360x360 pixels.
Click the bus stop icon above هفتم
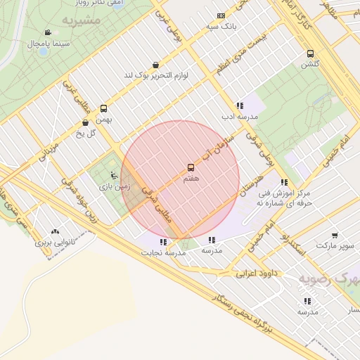(191, 167)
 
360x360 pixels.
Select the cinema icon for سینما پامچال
(47, 32)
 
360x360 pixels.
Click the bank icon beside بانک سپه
(221, 15)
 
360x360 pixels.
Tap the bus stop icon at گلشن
(310, 53)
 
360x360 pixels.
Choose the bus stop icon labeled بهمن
(104, 108)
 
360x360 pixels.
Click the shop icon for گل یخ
(86, 122)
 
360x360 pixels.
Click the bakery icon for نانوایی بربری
(56, 231)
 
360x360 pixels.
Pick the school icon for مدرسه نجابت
(163, 241)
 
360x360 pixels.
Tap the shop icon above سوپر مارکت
(334, 236)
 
